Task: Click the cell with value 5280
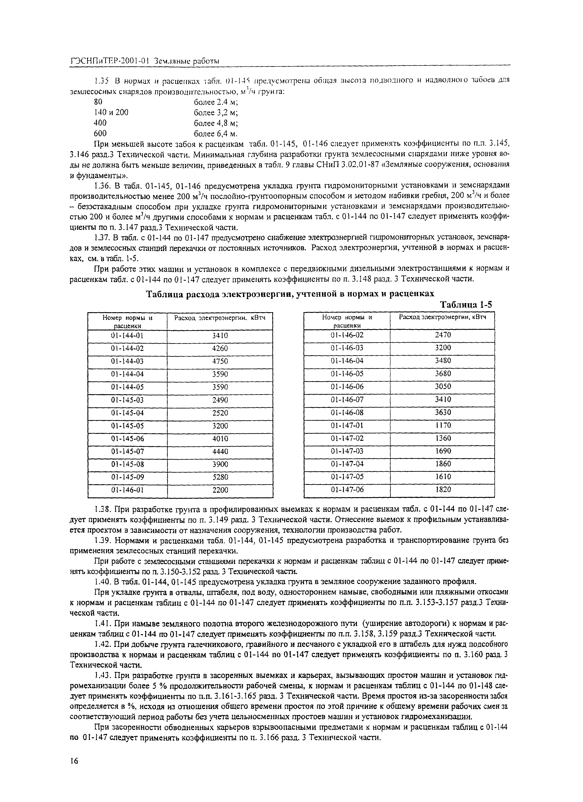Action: [x=220, y=477]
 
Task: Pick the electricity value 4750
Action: [x=220, y=361]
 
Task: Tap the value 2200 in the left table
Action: [x=220, y=490]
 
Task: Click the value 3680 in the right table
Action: [x=443, y=373]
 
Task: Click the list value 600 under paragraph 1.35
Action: [x=100, y=134]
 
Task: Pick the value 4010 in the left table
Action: [x=220, y=439]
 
